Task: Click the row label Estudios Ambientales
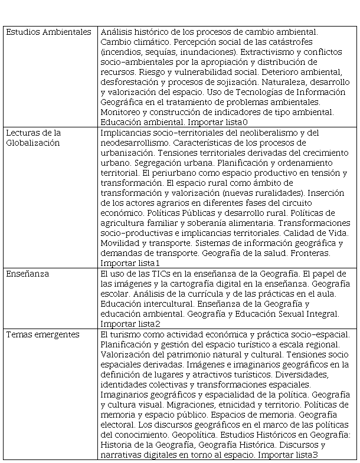(48, 31)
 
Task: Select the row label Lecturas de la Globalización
(33, 137)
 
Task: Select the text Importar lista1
(130, 262)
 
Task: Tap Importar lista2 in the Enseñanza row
(130, 324)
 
